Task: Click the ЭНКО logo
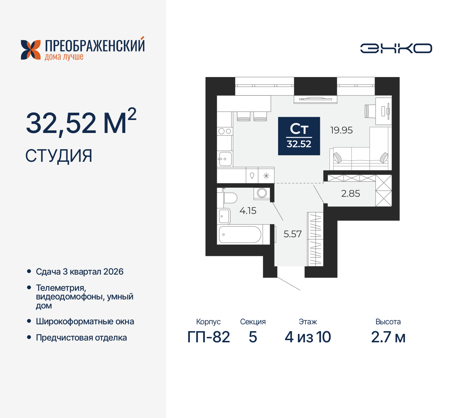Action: click(x=396, y=48)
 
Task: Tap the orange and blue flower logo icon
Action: click(x=31, y=50)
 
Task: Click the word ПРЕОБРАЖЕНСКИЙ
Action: click(x=95, y=46)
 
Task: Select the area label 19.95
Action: click(x=341, y=130)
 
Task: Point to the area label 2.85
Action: click(x=350, y=194)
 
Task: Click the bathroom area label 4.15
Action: click(x=248, y=211)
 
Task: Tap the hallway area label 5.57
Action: click(x=292, y=234)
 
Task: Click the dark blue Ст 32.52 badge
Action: click(x=299, y=136)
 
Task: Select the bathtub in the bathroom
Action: click(x=240, y=235)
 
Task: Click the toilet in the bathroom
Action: click(x=229, y=198)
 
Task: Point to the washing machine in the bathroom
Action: click(x=262, y=193)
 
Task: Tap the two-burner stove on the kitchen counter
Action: click(x=225, y=131)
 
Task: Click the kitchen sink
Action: click(x=225, y=159)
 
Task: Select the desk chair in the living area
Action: click(x=370, y=111)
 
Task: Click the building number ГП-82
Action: click(x=209, y=337)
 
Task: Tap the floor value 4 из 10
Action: click(x=308, y=337)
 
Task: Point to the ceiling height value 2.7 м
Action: click(x=388, y=337)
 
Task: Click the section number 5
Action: click(x=253, y=337)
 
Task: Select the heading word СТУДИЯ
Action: click(x=59, y=156)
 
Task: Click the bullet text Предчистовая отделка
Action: click(x=81, y=338)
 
